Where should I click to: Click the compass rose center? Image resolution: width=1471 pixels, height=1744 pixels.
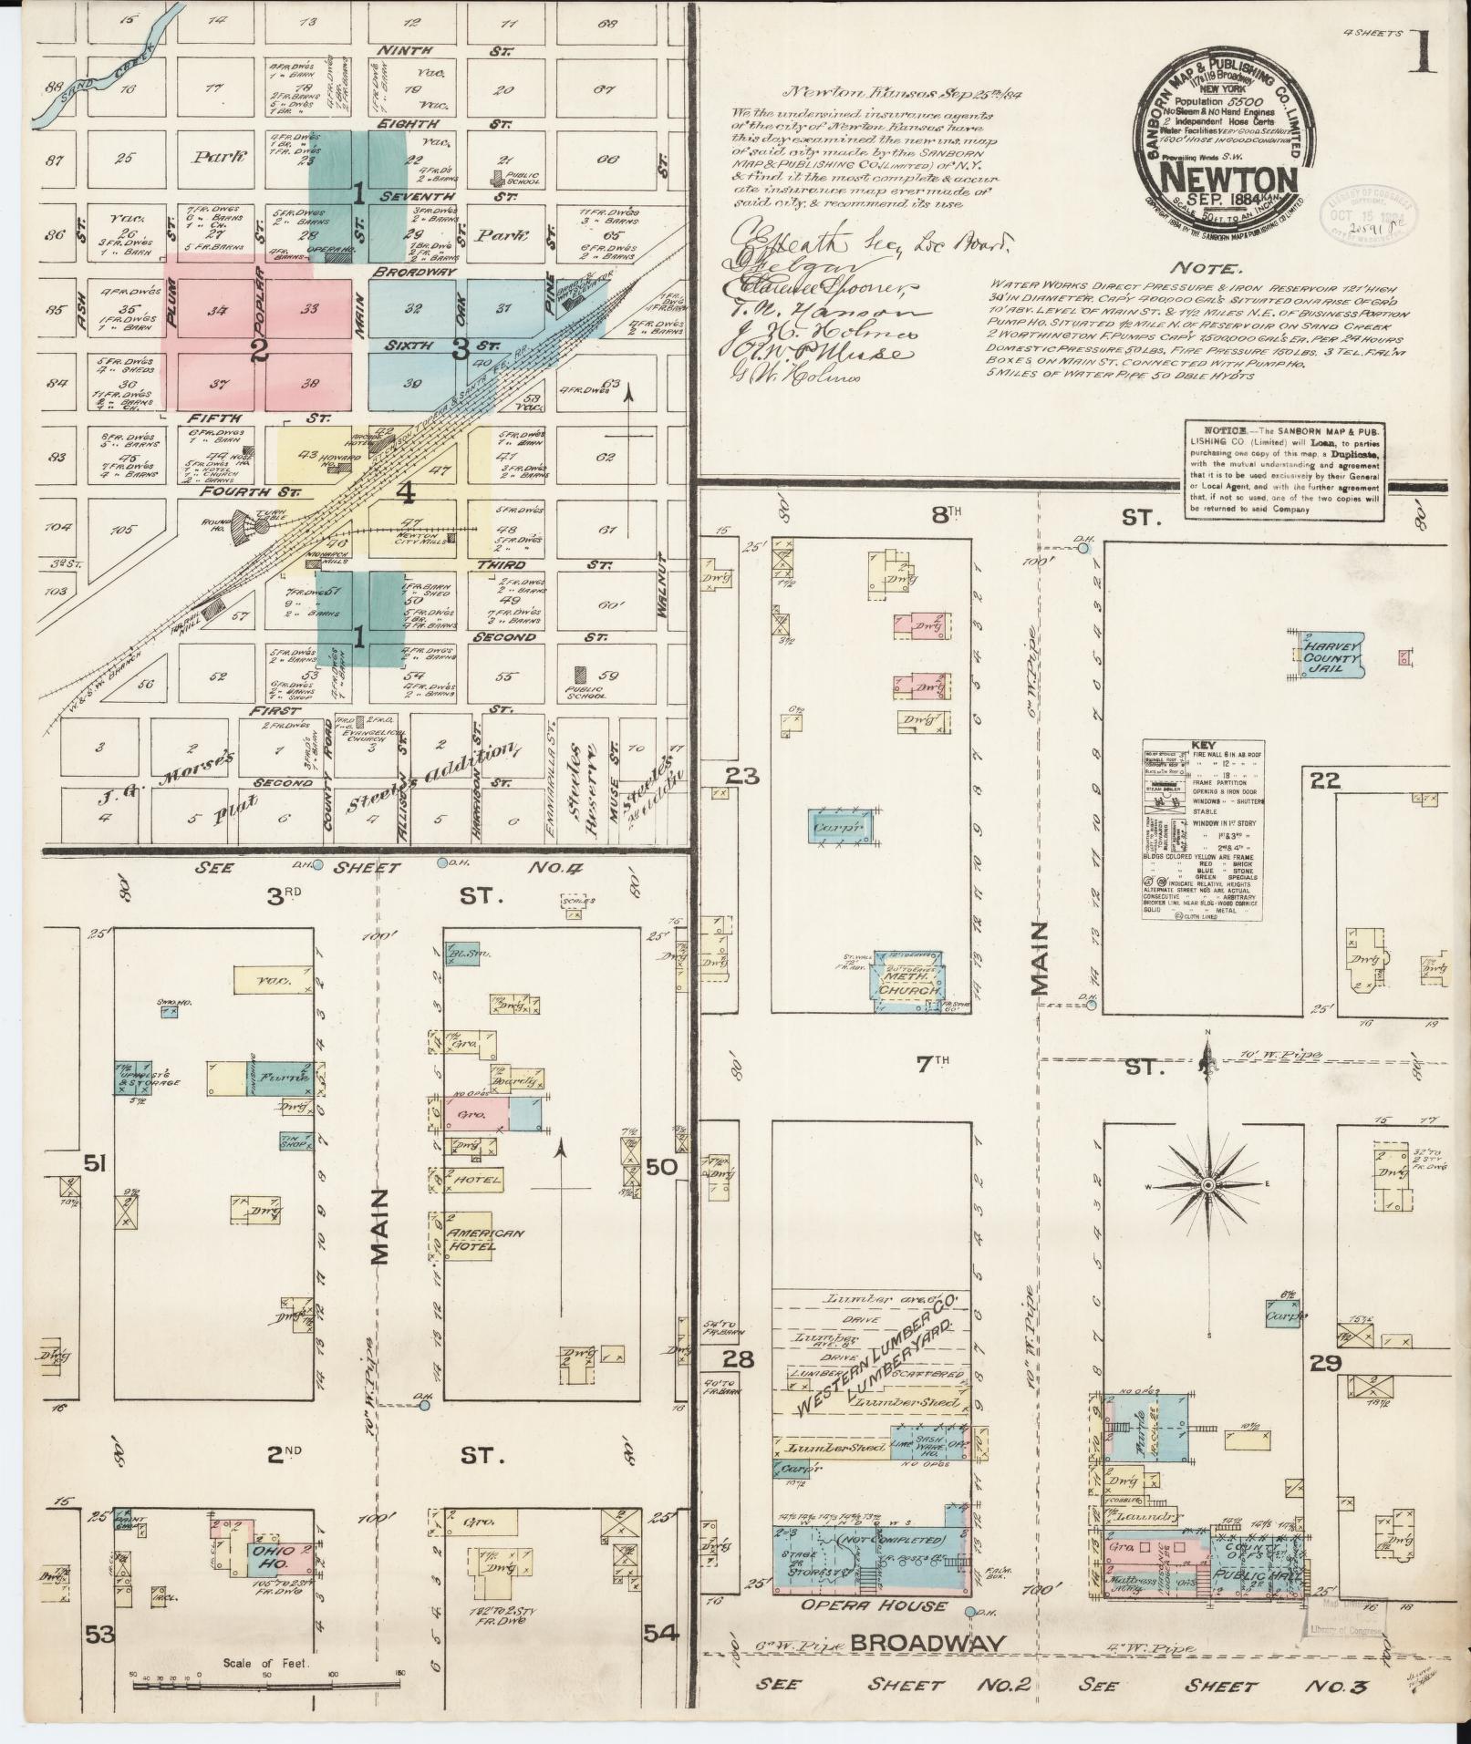(x=1207, y=1185)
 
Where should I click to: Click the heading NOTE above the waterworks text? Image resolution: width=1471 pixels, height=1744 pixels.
(x=1206, y=270)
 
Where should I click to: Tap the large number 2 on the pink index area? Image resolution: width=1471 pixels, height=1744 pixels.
(x=261, y=351)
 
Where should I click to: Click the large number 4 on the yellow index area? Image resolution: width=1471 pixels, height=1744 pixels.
(x=406, y=493)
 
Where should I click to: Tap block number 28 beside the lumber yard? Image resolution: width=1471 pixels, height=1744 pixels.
(x=738, y=1360)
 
